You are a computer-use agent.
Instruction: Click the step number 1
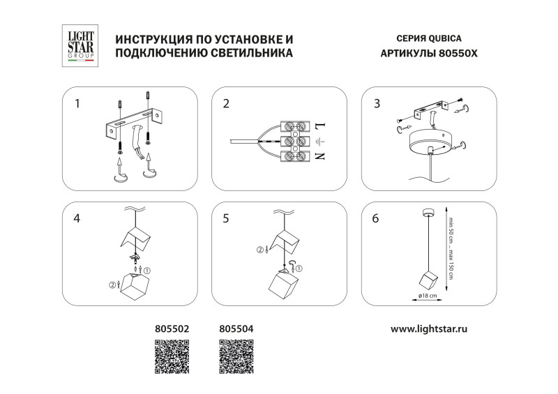point(77,105)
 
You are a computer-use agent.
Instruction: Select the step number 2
point(226,105)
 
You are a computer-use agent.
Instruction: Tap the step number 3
point(377,105)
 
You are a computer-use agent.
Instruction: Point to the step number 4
point(77,218)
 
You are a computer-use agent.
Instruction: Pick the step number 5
point(226,218)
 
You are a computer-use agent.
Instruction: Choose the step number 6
point(377,218)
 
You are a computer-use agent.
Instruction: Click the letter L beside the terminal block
point(320,126)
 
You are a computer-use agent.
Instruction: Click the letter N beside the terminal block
point(320,156)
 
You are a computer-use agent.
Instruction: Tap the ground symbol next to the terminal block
point(320,142)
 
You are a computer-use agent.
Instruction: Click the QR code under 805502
point(171,357)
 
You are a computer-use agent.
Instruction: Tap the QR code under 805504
point(236,357)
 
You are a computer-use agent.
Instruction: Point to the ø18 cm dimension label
point(426,296)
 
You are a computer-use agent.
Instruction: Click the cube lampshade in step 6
point(426,280)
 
